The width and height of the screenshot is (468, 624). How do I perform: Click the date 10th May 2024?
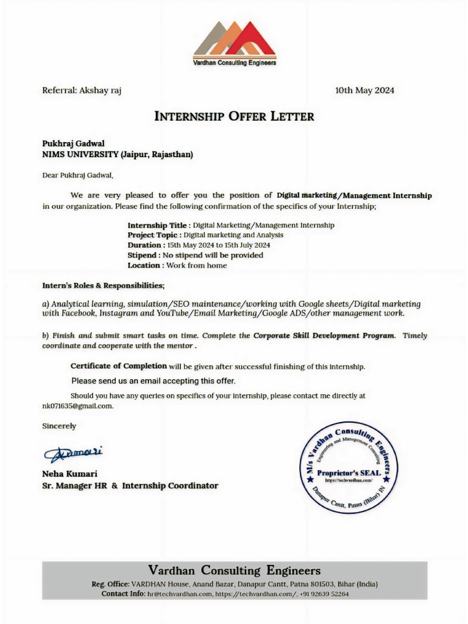364,90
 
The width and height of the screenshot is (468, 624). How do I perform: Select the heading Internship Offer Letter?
235,116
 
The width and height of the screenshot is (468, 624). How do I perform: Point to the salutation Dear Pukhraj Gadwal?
77,175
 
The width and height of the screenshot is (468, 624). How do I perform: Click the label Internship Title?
158,225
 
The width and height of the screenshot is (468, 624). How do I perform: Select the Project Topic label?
153,235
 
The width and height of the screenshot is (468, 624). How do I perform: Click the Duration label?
146,245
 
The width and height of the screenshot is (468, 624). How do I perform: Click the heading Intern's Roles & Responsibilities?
103,285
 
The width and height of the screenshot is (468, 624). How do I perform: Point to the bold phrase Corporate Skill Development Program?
324,336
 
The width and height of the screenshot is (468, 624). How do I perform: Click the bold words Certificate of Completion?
118,366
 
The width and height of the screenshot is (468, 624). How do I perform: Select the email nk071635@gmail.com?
77,406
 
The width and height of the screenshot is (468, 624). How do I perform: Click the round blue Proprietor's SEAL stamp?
349,467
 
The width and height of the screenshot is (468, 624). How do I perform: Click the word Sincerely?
59,426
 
